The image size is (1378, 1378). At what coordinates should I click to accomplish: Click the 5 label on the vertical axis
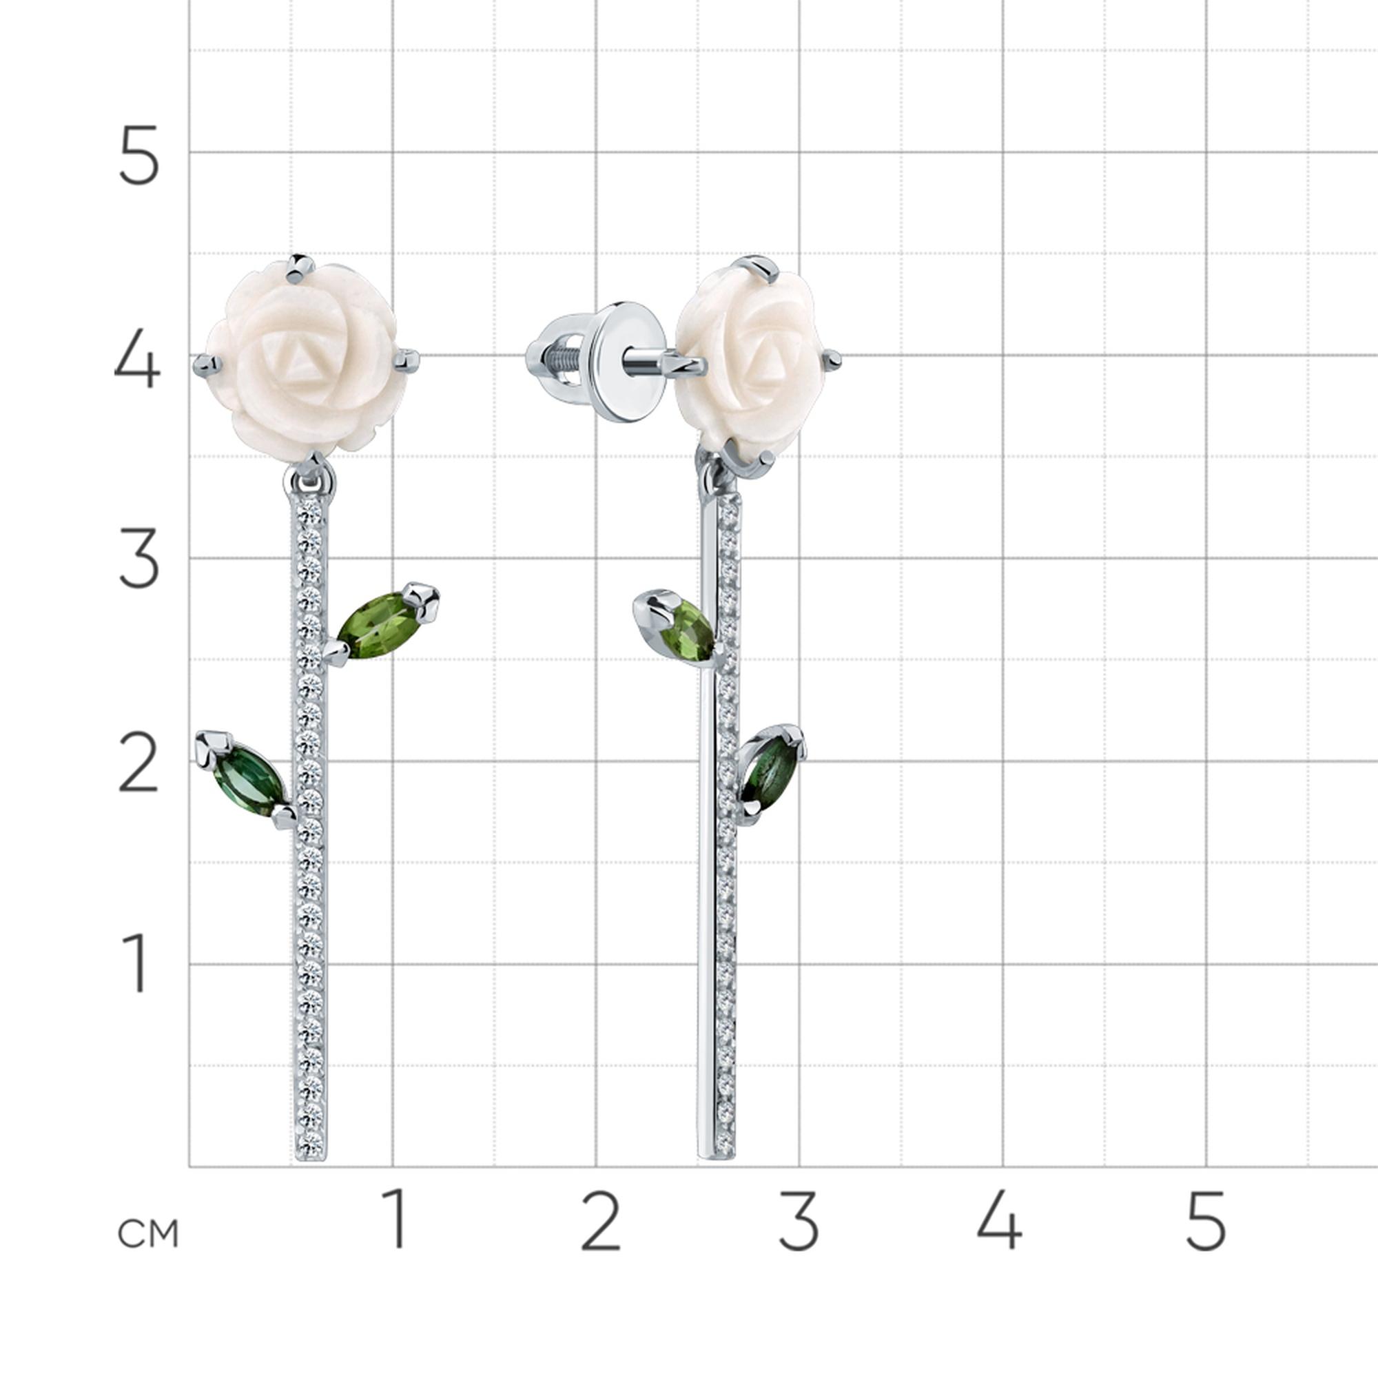tap(137, 155)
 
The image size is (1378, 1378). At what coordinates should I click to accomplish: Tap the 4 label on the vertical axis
tap(137, 358)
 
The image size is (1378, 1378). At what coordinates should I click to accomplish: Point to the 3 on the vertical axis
tap(138, 561)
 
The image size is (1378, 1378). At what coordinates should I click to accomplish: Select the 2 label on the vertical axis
tap(138, 764)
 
